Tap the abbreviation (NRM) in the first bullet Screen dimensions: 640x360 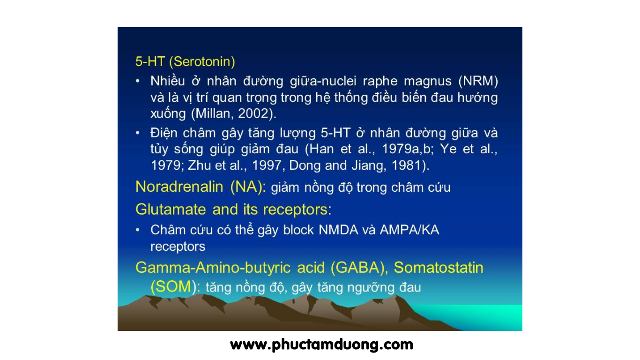tap(478, 81)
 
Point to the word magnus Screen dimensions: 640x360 tap(427, 82)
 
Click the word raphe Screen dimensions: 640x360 tap(380, 82)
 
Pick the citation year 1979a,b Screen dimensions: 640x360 tap(408, 149)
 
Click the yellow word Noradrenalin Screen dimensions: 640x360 tap(179, 187)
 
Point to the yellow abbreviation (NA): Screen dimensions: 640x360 tap(248, 187)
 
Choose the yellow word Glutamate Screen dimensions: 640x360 tap(171, 210)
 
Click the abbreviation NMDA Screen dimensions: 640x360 tap(338, 230)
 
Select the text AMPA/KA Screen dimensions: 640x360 tap(409, 230)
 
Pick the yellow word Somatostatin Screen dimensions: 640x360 tap(439, 268)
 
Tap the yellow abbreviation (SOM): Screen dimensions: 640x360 tap(175, 287)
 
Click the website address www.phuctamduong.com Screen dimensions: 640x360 tap(321, 345)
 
